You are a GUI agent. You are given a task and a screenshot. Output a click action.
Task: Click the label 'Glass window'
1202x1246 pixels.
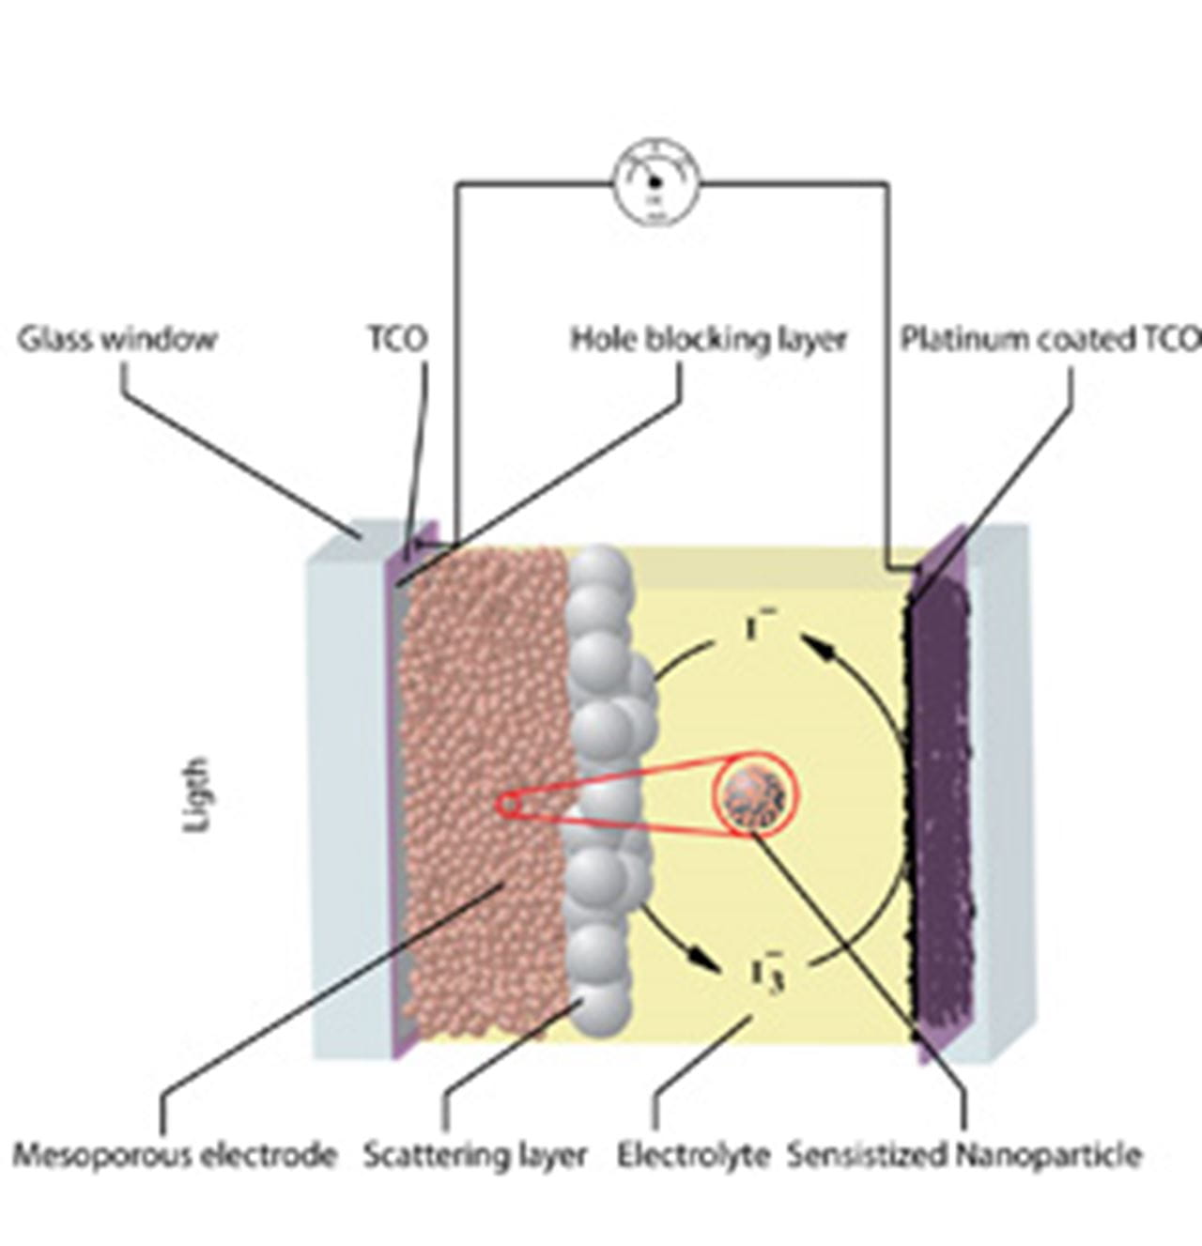click(116, 339)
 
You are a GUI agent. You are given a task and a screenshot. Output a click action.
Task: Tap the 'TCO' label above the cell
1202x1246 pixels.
click(396, 339)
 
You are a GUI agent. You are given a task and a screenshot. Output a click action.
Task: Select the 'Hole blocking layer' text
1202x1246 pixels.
click(709, 339)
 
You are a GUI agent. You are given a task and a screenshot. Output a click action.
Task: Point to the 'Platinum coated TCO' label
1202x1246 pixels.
click(1050, 339)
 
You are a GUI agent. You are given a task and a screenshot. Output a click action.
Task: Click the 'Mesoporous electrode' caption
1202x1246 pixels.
click(175, 1154)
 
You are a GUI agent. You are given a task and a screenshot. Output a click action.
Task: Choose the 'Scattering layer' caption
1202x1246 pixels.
click(475, 1154)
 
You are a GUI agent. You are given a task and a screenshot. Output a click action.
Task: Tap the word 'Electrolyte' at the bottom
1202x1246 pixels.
click(693, 1154)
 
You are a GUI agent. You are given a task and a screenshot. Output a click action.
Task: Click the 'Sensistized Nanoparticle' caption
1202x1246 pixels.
click(964, 1154)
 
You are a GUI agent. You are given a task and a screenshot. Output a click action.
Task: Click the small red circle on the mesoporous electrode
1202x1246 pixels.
click(507, 805)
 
